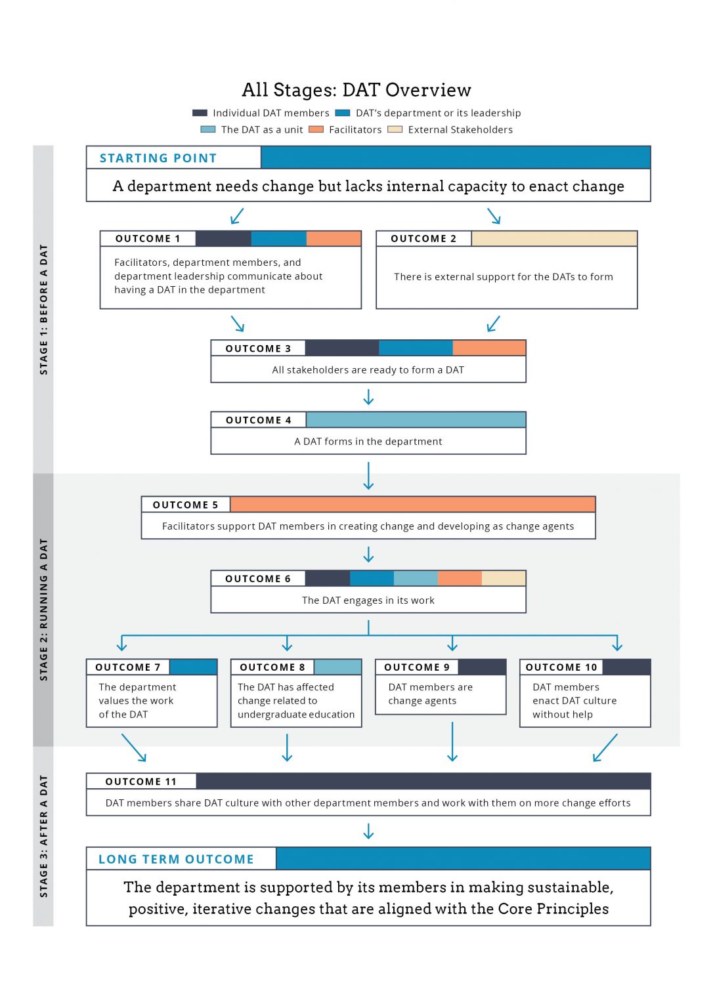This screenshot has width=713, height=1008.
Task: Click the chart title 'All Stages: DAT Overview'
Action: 356,90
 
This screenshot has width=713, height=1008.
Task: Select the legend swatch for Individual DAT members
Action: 200,113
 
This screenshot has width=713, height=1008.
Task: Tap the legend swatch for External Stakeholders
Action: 395,129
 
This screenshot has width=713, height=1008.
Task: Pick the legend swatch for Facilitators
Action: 316,129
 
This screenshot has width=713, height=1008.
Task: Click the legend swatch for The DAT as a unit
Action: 207,129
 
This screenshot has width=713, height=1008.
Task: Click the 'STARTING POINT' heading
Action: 158,158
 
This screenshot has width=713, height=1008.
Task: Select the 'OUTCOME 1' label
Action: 148,239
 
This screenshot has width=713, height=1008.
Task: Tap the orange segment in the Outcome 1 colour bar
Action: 334,239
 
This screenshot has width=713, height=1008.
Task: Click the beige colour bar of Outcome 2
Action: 553,239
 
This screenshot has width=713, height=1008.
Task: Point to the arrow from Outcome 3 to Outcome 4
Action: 368,397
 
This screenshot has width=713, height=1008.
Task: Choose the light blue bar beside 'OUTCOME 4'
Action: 416,420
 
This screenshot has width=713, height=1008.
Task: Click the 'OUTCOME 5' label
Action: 185,505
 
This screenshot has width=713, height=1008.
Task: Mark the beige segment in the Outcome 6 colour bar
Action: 504,578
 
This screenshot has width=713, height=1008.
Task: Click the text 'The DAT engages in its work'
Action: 368,600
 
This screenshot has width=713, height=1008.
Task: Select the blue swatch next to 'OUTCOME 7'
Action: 193,667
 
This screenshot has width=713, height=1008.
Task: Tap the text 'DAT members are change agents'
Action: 430,694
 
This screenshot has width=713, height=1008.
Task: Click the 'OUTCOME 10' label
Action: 561,667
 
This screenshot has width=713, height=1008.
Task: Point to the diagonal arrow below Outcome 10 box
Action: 605,748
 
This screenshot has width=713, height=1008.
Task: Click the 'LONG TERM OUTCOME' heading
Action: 176,859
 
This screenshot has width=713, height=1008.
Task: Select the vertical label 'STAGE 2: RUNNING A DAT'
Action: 43,609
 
